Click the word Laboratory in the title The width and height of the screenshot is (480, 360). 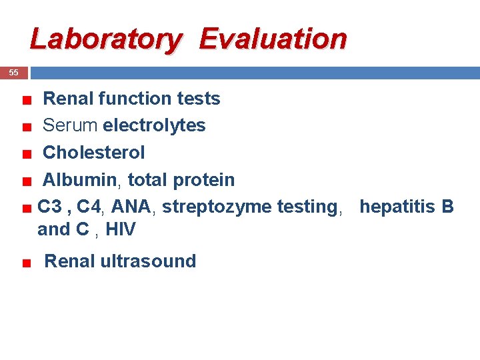tap(105, 39)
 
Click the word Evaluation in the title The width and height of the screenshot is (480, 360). tap(273, 39)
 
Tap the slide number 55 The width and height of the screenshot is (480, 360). tap(13, 73)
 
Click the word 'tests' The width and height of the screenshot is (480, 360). tap(199, 99)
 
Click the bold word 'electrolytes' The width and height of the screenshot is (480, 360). tap(154, 125)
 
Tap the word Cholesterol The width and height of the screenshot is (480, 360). tap(93, 153)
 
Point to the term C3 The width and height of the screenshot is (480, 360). tap(50, 207)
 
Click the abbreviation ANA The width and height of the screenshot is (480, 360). tap(131, 207)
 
